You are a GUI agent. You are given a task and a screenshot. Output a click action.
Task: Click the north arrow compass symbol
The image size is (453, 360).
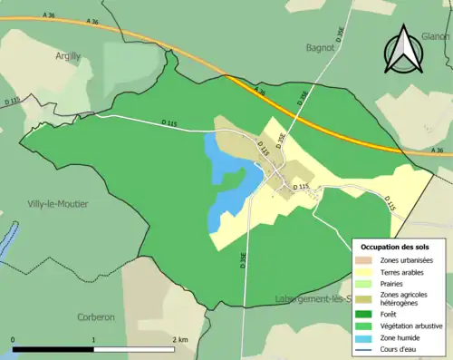click(x=401, y=51)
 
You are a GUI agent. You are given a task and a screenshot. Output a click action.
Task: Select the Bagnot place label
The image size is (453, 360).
click(x=321, y=46)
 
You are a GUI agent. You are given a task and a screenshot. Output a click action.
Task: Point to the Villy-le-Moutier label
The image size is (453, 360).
click(x=58, y=204)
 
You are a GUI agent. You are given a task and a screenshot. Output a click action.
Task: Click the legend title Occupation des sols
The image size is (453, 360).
click(x=396, y=247)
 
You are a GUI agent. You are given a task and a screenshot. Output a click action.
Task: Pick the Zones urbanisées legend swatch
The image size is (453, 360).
click(x=365, y=260)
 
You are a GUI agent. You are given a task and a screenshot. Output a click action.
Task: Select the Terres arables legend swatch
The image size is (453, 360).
click(x=365, y=271)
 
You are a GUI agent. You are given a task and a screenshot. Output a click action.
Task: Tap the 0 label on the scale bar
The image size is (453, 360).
click(x=14, y=339)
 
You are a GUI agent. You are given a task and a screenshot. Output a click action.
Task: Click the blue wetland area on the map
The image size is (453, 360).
click(x=226, y=181)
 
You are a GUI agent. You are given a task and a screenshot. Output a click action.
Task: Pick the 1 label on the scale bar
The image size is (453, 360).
click(x=93, y=339)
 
